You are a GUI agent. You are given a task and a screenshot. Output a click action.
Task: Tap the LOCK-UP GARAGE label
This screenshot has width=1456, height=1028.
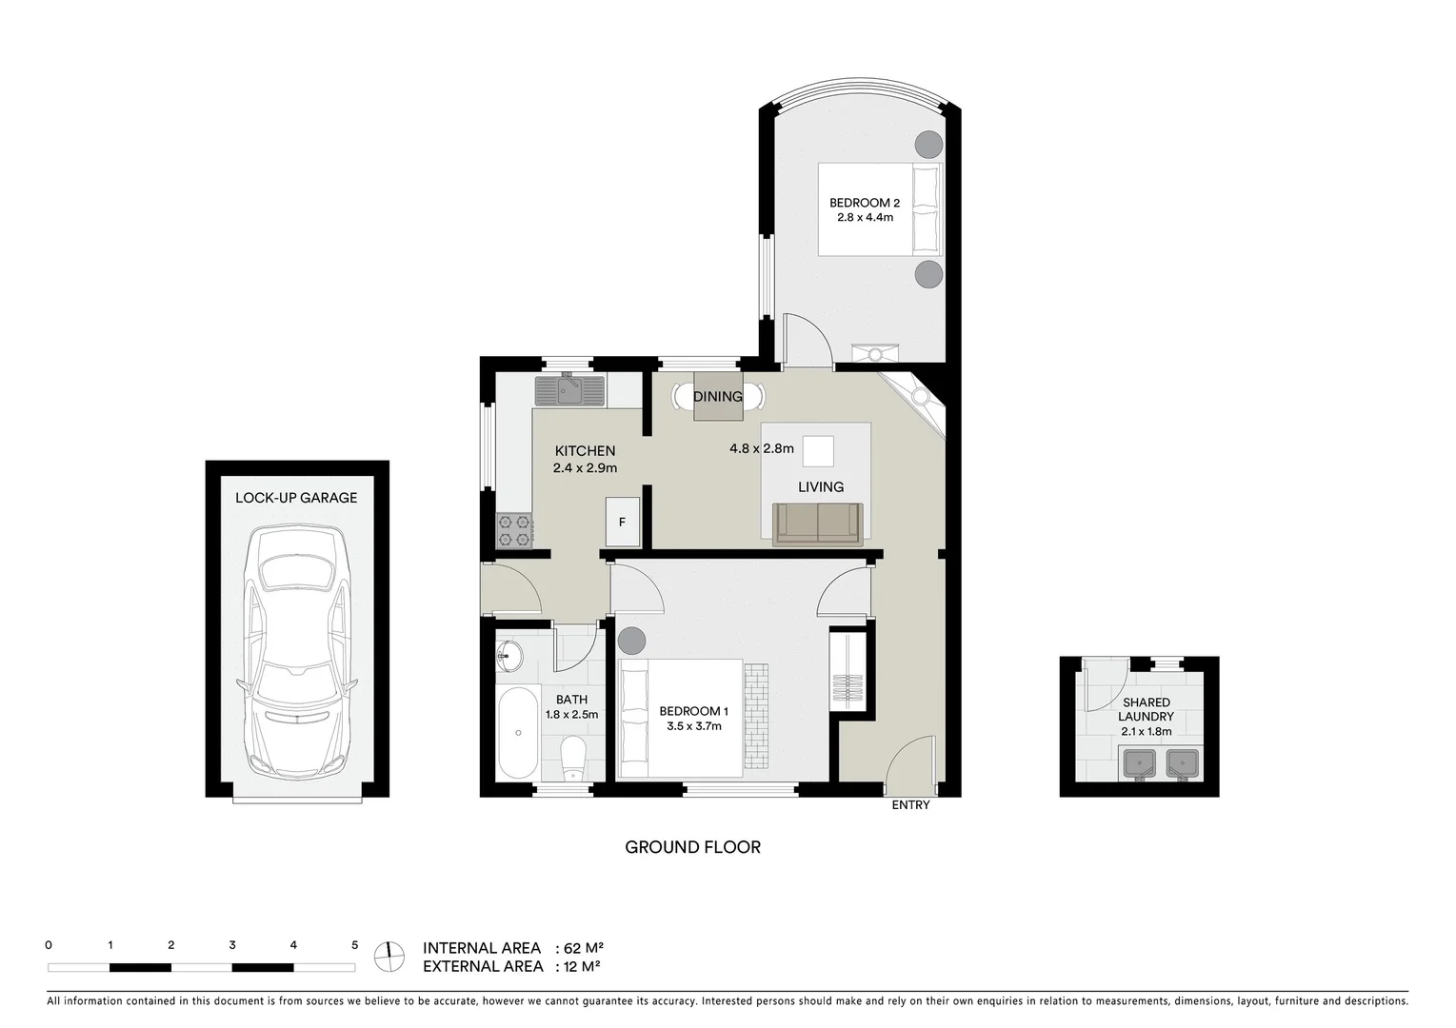(x=296, y=498)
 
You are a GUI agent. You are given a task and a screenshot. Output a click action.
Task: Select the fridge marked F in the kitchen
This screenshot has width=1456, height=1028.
(x=623, y=522)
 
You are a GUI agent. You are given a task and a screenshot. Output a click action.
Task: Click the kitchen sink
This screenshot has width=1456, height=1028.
(x=569, y=390)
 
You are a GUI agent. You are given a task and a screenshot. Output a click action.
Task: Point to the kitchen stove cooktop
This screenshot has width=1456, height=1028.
(x=514, y=531)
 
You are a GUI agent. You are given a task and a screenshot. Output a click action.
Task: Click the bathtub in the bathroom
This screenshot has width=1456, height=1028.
(x=518, y=733)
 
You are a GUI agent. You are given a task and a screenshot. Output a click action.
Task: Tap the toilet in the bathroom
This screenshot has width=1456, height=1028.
(x=574, y=758)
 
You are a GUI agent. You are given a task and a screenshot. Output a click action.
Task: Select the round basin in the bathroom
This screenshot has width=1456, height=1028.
(x=509, y=654)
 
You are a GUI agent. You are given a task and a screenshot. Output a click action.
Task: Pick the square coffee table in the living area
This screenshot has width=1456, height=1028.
(x=818, y=451)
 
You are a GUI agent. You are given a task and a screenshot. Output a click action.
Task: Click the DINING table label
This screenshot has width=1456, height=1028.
(x=717, y=397)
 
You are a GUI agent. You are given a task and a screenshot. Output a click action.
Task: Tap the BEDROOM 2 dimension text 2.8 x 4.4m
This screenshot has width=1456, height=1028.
(x=864, y=217)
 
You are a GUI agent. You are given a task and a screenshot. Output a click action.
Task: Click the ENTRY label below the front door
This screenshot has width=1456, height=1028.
(x=910, y=805)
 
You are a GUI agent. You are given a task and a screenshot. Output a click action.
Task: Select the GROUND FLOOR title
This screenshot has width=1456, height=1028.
(x=692, y=847)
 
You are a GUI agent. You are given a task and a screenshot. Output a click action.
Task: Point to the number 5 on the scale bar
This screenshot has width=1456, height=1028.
(x=355, y=945)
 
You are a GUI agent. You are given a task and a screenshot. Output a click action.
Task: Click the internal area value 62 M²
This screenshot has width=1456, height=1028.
(x=585, y=948)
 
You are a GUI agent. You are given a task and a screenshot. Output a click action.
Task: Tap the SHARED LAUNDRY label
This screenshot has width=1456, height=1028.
(x=1146, y=709)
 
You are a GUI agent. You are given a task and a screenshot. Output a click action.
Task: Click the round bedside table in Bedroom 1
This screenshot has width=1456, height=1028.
(x=631, y=641)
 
